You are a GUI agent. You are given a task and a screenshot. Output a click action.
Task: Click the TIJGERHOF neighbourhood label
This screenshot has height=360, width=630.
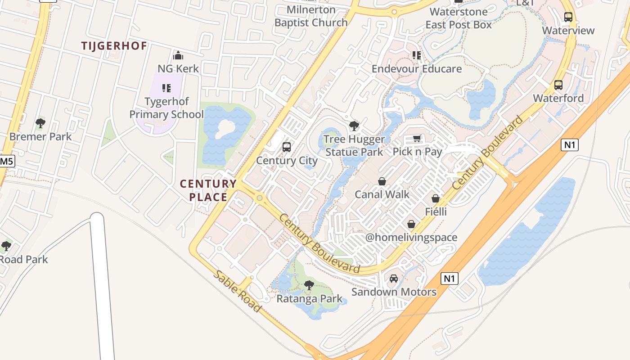(114, 46)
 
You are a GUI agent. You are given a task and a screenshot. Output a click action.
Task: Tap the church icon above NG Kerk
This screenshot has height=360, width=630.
(178, 56)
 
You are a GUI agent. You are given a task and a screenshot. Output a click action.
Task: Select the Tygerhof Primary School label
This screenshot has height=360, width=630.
(166, 108)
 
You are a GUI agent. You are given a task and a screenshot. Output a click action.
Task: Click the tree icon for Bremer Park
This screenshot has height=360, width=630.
(40, 123)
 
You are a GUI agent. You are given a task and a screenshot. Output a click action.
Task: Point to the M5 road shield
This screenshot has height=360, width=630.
(6, 161)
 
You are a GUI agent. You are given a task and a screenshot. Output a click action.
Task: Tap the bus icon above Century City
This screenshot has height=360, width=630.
(287, 147)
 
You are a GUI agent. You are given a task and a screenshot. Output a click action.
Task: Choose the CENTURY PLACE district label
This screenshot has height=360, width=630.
(208, 190)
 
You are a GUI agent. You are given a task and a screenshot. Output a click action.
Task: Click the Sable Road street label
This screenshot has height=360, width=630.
(237, 291)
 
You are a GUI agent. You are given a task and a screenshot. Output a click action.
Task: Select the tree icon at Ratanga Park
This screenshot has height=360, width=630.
(309, 285)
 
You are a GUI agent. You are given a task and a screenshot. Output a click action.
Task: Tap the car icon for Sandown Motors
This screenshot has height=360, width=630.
(394, 279)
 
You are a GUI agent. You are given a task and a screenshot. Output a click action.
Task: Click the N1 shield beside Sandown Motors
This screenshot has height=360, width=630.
(450, 279)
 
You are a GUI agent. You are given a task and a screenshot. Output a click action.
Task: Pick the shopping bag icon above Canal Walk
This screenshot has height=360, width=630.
(382, 181)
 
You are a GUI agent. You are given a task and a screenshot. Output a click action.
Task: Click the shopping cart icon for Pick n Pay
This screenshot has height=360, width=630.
(417, 139)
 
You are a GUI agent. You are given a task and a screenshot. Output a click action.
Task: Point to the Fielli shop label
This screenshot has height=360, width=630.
(436, 211)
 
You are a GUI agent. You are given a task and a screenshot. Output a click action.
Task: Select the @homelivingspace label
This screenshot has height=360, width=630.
(411, 237)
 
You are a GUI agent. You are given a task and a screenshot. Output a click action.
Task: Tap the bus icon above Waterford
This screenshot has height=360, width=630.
(558, 85)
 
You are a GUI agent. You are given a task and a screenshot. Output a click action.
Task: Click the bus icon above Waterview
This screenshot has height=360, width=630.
(568, 17)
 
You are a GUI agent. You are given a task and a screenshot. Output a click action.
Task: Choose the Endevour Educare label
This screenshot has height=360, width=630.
(417, 69)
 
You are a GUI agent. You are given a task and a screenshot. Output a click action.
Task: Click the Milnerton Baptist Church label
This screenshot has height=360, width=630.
(311, 16)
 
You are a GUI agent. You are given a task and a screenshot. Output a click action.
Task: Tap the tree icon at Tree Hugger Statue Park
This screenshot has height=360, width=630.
(354, 126)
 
